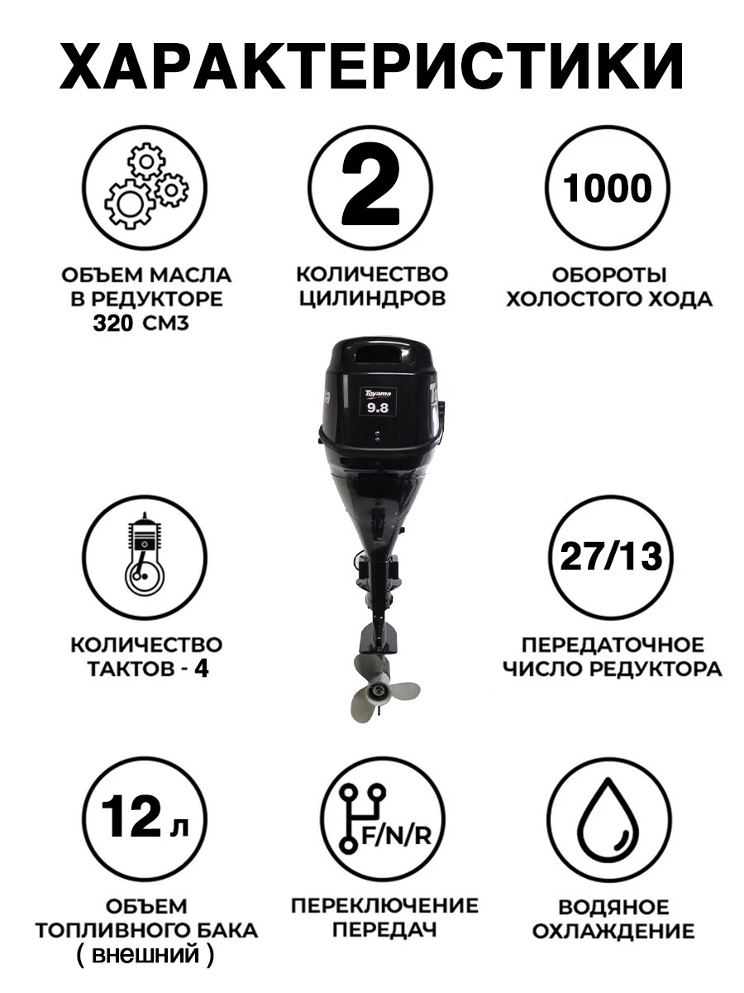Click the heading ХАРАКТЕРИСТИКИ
[x=371, y=66]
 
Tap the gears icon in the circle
[x=147, y=187]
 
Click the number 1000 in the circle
[x=607, y=188]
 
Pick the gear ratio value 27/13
[x=611, y=556]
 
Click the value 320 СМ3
[x=141, y=324]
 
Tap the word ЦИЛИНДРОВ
[x=372, y=298]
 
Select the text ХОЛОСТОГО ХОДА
[x=609, y=299]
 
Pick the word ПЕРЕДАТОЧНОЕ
[x=613, y=645]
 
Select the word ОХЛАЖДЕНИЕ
[x=613, y=932]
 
